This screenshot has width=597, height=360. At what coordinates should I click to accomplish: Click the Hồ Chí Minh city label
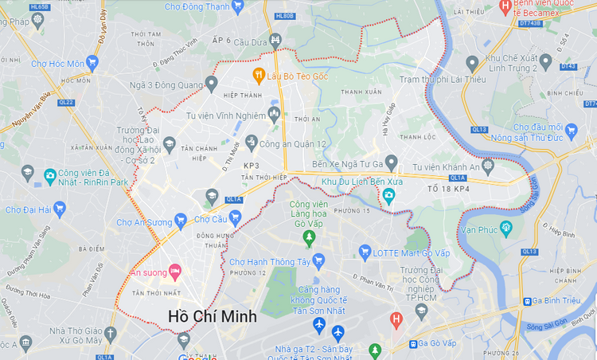tap(213, 316)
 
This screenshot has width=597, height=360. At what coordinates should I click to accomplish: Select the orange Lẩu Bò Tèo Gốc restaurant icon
tap(258, 75)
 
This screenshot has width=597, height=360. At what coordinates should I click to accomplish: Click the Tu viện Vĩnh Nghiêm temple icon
tap(275, 115)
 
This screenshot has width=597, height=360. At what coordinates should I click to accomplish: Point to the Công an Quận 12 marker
tap(252, 143)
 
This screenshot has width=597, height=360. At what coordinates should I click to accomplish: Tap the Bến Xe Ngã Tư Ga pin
tap(391, 162)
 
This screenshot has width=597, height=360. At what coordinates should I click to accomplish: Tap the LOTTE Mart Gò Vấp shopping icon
tap(365, 254)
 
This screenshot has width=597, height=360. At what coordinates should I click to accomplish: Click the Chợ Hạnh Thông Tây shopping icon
tap(318, 260)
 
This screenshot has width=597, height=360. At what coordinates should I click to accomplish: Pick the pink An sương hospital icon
tap(174, 273)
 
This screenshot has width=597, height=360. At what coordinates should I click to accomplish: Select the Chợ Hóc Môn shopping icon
tap(93, 62)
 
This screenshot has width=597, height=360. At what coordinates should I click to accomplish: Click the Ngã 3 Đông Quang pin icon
tap(211, 82)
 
